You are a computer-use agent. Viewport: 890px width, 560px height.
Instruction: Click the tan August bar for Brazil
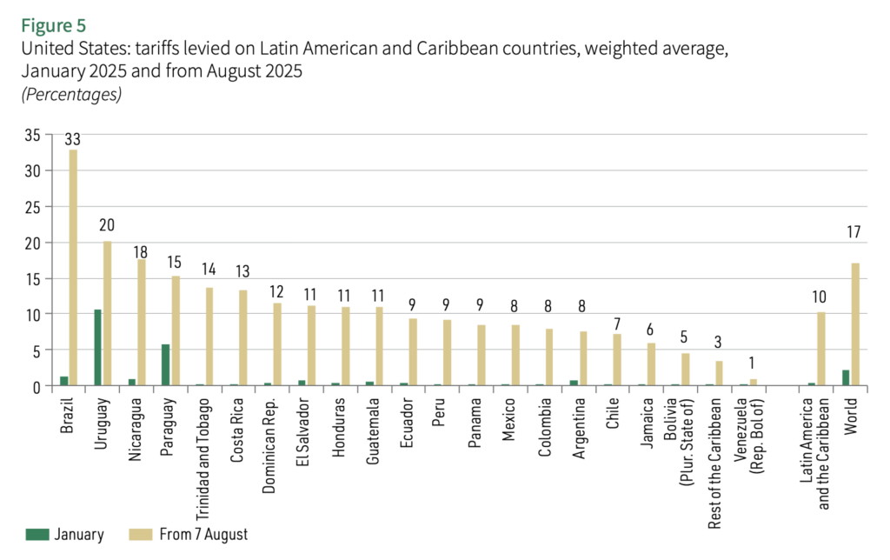point(74,268)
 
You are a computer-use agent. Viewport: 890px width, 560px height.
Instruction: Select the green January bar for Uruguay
point(97,347)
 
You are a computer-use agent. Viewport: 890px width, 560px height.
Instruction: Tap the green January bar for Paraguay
point(165,364)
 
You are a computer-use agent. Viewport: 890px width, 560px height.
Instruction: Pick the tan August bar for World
point(855,324)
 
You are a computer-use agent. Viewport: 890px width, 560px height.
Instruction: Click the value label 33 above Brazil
point(74,139)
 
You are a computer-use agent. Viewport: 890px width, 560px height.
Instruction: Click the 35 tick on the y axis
point(32,135)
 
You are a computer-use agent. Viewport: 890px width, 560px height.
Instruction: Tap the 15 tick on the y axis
point(32,278)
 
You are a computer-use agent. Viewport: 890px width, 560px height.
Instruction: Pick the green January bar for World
point(845,377)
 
